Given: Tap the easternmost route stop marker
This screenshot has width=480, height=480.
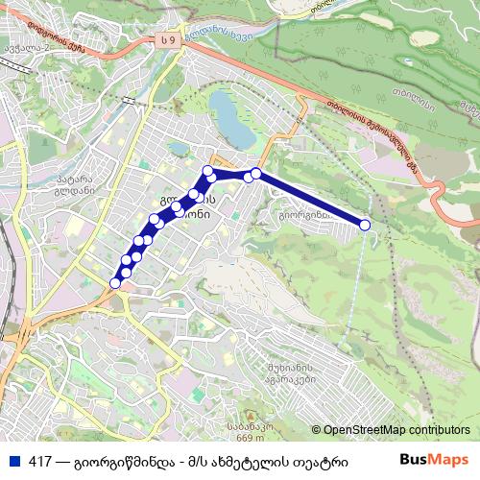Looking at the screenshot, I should click(365, 225).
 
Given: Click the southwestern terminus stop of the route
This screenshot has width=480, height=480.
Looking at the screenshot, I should click(116, 283).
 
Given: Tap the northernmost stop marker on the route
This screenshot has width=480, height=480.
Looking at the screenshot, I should click(207, 171).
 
